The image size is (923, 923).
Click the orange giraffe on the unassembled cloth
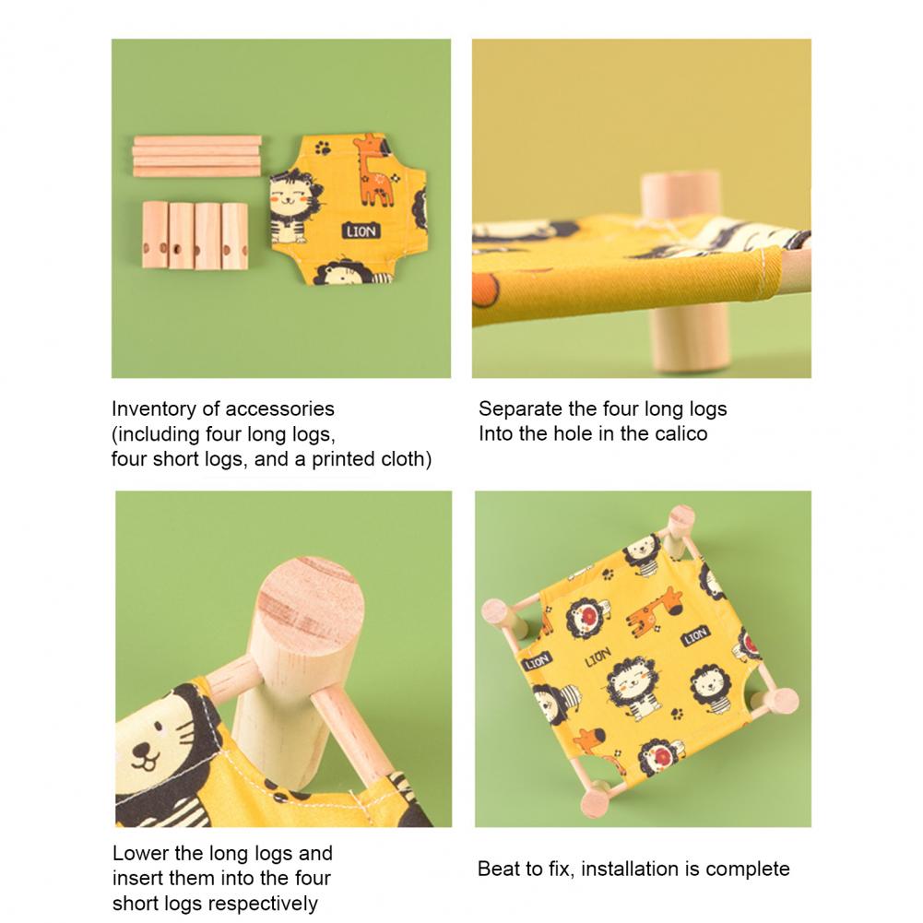tap(373, 170)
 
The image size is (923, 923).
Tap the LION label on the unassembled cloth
tap(361, 231)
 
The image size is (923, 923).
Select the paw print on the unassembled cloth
tap(323, 148)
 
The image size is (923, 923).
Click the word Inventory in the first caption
tap(153, 409)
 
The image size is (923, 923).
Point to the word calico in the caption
tap(680, 433)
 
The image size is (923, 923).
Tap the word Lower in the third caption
tap(141, 853)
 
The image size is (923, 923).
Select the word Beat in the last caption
tap(498, 869)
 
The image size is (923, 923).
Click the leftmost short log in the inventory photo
tap(155, 235)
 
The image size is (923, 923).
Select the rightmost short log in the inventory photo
tap(235, 236)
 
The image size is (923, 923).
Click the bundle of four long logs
tap(197, 156)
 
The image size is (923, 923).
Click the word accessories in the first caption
tap(279, 409)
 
